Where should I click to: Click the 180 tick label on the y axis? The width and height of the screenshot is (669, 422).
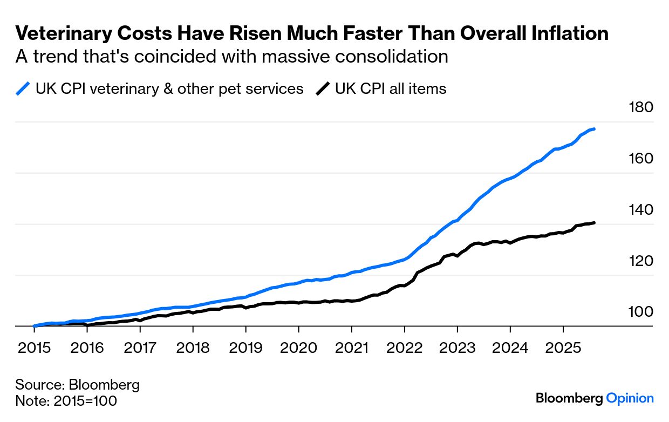pos(641,107)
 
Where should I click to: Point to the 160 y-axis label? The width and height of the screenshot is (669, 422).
pos(641,159)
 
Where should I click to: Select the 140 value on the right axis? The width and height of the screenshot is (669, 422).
pos(641,210)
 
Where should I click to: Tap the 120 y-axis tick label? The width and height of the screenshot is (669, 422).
pos(641,261)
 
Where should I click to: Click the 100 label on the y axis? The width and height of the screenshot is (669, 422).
pos(641,312)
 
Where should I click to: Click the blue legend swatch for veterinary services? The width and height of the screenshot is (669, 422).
pos(23,89)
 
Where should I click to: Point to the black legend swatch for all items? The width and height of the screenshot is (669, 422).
pos(323,89)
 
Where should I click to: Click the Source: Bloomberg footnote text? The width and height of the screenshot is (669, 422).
pos(77,385)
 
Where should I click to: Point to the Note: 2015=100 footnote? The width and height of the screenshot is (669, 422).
pos(66,401)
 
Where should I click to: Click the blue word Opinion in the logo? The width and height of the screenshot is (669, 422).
pos(630,398)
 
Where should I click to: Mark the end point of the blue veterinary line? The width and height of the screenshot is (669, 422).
pos(594,129)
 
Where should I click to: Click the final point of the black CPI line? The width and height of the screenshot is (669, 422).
pos(594,222)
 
